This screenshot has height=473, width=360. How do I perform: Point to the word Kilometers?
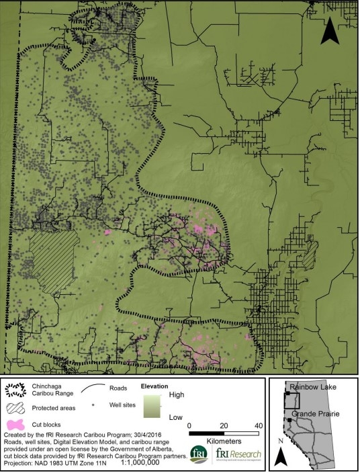224,443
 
